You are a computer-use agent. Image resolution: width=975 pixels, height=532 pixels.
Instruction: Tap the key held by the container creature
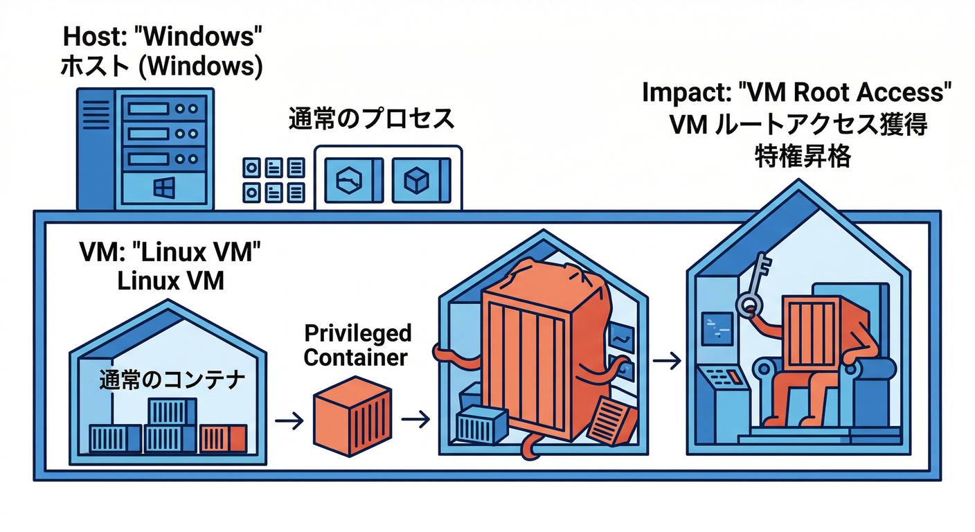755,287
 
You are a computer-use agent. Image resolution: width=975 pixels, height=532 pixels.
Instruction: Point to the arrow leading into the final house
665,361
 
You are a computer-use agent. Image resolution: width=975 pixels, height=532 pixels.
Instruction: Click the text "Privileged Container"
357,345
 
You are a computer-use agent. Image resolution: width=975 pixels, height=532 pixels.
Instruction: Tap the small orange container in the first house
223,438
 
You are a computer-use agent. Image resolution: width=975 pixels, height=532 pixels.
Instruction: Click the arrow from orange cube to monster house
415,419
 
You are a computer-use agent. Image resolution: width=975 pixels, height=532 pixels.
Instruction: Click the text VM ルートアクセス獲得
798,125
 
